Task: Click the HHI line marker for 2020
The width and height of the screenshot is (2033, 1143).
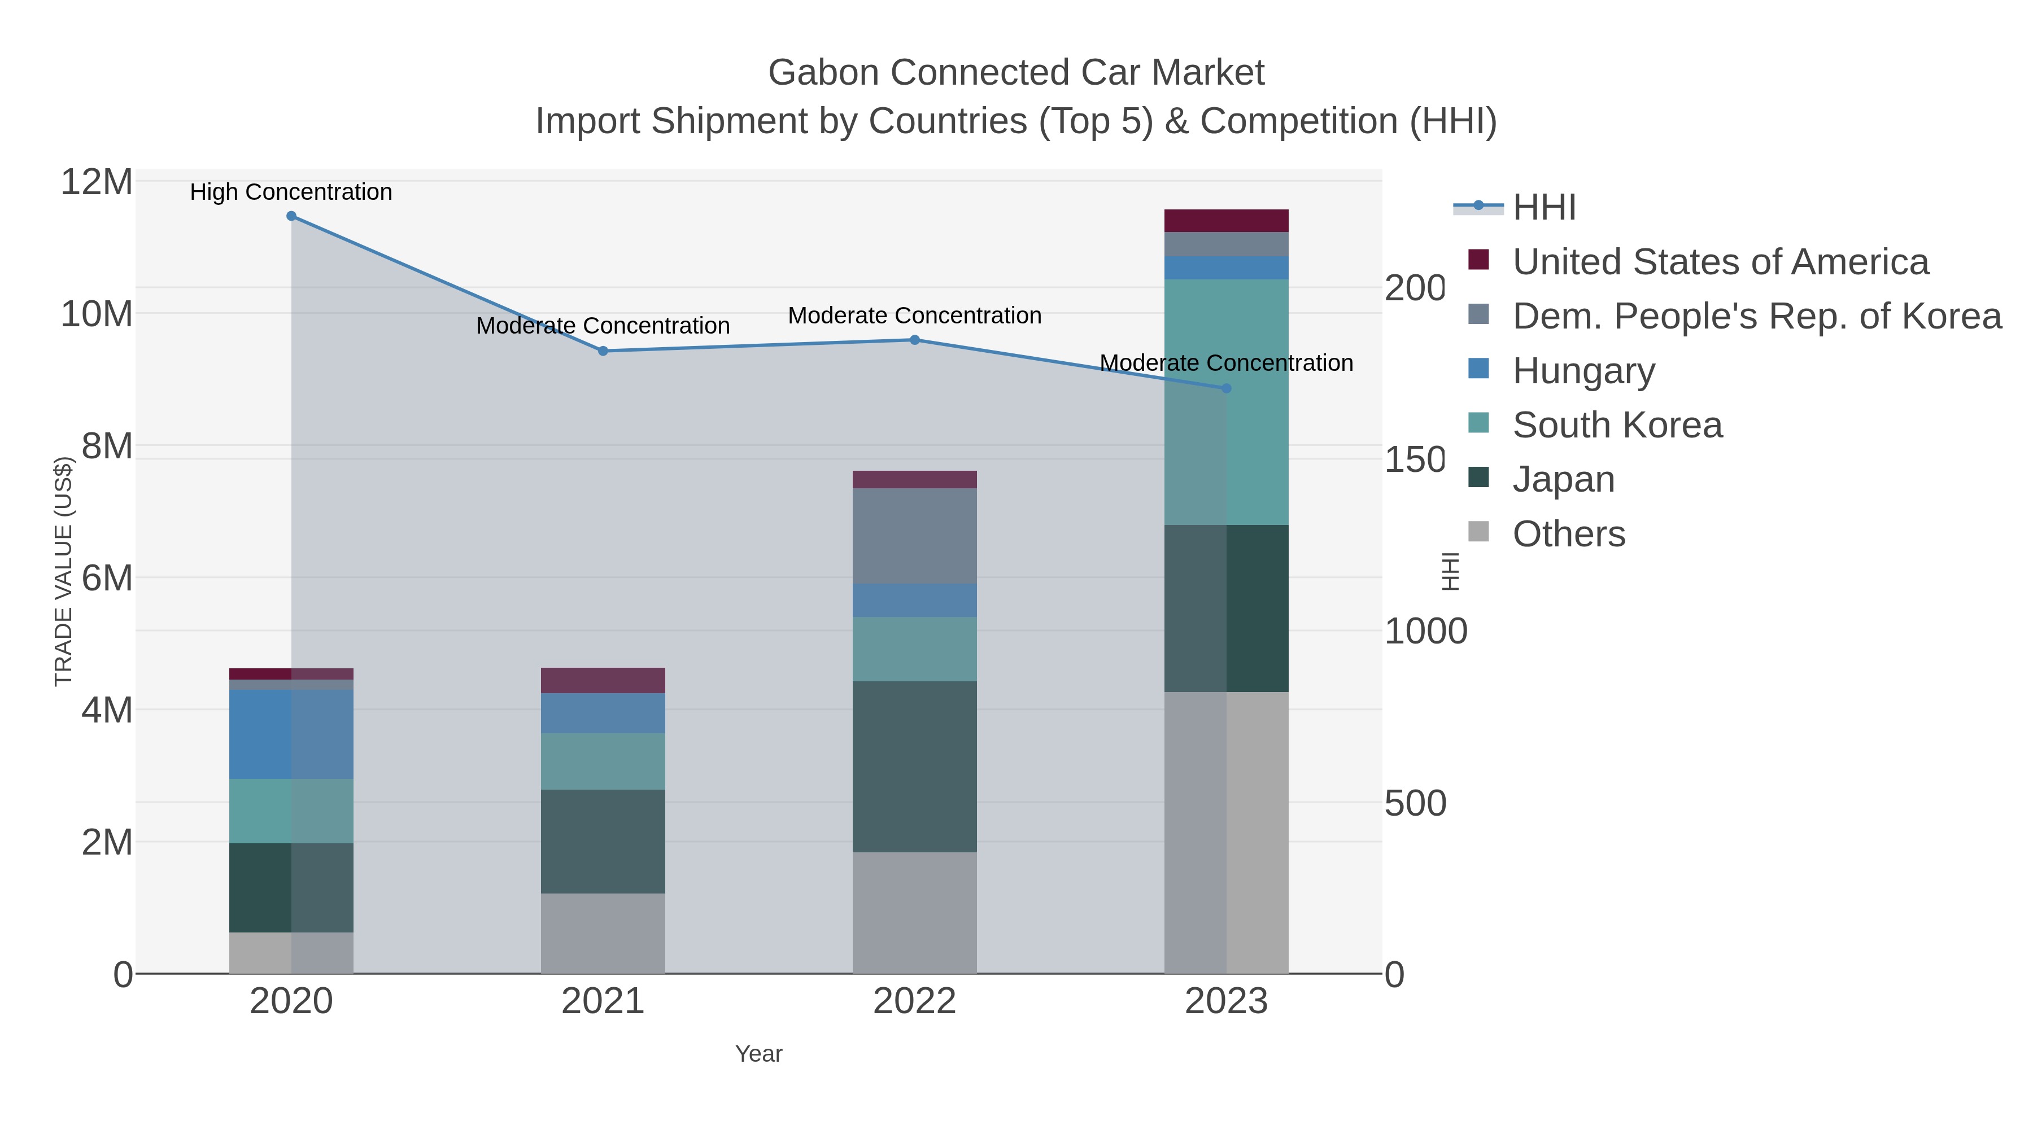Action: (x=291, y=216)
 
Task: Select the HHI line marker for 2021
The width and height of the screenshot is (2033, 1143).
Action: (x=603, y=351)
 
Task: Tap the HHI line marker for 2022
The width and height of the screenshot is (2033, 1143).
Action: (x=915, y=340)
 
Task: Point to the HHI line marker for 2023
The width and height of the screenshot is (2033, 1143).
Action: (x=1227, y=388)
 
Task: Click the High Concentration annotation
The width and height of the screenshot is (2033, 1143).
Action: (x=291, y=192)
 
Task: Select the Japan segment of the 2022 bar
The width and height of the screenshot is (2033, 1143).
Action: (x=915, y=767)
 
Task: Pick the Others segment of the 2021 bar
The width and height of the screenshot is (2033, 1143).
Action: (x=603, y=933)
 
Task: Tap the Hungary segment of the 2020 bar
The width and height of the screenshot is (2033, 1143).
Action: (x=291, y=734)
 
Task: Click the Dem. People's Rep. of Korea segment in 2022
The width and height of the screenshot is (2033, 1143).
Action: (x=915, y=536)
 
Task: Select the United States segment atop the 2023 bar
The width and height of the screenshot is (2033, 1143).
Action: (x=1227, y=221)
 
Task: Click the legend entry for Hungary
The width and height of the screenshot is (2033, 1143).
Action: (x=1582, y=371)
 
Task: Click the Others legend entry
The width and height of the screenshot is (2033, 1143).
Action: (x=1568, y=534)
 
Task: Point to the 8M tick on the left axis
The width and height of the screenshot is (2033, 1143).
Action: (x=107, y=446)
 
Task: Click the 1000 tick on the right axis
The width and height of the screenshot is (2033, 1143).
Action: (x=1425, y=632)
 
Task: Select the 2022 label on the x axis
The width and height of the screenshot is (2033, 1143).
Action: (x=915, y=1002)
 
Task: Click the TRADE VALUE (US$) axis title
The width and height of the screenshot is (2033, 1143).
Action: (x=63, y=572)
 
